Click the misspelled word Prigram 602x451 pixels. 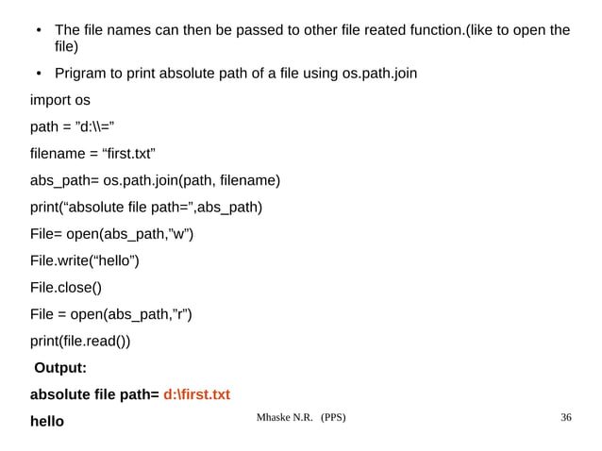click(84, 74)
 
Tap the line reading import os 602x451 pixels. click(60, 100)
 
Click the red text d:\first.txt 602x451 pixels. click(196, 394)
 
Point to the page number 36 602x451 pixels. click(566, 417)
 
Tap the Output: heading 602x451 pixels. click(60, 368)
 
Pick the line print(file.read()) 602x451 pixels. click(80, 341)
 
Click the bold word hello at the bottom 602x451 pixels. click(47, 421)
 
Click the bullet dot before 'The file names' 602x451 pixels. click(38, 31)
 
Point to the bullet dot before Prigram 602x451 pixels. click(38, 74)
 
